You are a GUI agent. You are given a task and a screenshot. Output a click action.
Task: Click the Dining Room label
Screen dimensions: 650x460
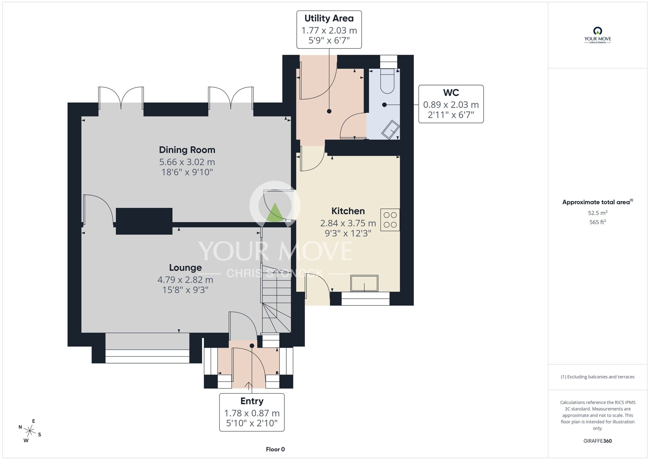point(187,150)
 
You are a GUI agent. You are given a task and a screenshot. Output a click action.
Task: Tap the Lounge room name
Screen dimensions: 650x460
point(185,268)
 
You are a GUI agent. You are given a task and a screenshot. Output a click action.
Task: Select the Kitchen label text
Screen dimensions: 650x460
point(348,211)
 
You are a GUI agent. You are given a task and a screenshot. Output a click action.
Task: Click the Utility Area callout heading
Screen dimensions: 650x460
point(329,19)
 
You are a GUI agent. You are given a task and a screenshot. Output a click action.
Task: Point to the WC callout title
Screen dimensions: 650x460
point(451,93)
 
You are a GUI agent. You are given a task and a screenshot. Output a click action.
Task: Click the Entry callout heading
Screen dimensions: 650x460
point(252,401)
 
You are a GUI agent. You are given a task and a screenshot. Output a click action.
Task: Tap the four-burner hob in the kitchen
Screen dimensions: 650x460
point(390,220)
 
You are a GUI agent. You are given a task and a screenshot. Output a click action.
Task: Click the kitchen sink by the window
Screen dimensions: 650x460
point(364,283)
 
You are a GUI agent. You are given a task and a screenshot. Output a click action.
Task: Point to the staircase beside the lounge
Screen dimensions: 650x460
point(276,299)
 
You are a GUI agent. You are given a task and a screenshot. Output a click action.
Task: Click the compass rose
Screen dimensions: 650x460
point(30,431)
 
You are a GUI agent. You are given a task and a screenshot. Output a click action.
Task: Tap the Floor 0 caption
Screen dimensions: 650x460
point(275,449)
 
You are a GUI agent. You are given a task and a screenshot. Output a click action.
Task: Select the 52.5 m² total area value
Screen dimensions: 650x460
point(598,213)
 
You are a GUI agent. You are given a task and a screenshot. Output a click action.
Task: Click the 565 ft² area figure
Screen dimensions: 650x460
point(598,222)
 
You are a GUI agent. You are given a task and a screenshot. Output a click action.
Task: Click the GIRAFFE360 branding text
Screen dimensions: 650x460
point(598,441)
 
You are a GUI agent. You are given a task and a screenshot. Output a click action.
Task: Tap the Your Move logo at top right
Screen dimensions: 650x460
point(598,35)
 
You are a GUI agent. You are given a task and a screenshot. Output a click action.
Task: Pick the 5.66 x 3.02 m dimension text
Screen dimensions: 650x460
point(187,162)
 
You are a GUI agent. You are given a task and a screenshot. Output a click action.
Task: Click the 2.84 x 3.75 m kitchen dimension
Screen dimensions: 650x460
point(348,223)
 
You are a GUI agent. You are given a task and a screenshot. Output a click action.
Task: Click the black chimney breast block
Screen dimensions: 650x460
point(144,221)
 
